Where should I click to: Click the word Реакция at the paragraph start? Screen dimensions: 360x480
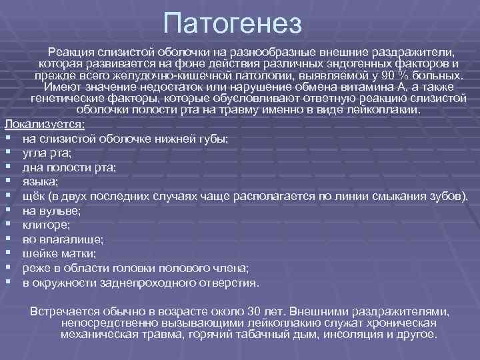point(74,51)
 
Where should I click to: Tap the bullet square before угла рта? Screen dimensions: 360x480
point(7,153)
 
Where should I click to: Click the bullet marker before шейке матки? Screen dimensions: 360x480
point(7,253)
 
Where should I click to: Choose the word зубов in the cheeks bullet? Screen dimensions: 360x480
point(449,195)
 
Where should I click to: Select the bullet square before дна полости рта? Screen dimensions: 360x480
point(7,167)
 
